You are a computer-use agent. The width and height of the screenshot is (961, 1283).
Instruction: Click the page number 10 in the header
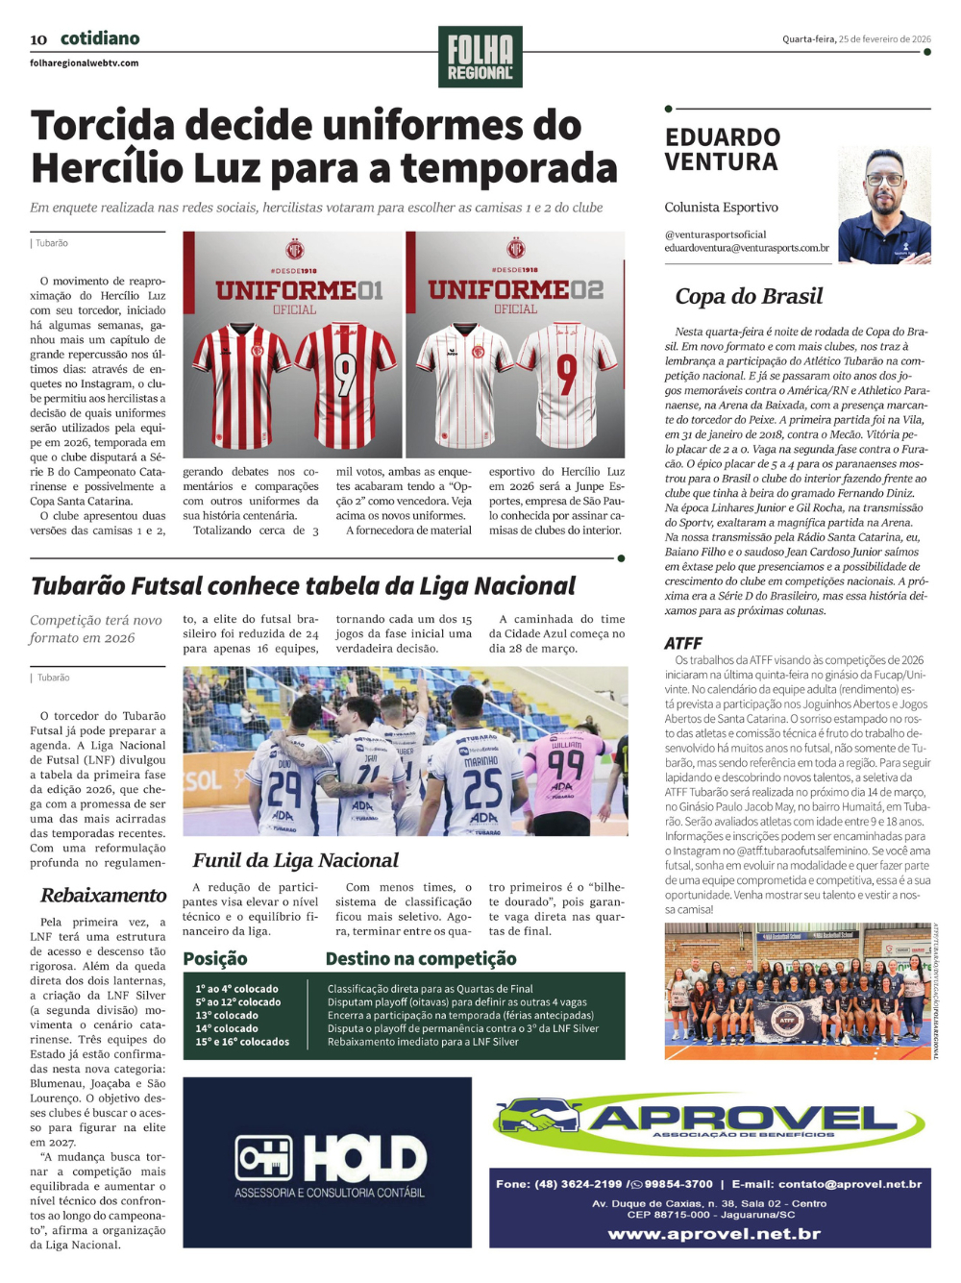(38, 39)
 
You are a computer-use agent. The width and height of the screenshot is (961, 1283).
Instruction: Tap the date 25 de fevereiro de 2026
(884, 39)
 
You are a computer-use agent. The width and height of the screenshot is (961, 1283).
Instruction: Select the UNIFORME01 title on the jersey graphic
(299, 289)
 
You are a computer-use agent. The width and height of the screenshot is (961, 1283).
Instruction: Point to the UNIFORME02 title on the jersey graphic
(516, 289)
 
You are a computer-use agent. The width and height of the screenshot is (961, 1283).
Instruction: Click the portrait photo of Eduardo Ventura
(884, 206)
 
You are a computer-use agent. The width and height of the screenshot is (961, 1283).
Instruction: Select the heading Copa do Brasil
(749, 296)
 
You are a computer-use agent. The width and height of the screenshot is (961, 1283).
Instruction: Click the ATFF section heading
(683, 643)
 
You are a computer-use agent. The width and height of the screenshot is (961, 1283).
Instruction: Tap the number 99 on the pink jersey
(566, 765)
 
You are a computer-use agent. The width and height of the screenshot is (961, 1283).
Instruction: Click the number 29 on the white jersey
(284, 788)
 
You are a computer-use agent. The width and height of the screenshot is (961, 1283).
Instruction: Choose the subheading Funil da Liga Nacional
(295, 860)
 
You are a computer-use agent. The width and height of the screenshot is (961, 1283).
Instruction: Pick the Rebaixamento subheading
(104, 895)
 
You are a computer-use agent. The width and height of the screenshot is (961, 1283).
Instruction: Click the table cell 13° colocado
(227, 1015)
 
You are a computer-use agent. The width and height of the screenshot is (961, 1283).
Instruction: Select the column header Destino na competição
(421, 958)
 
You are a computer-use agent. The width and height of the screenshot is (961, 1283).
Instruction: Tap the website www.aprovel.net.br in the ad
(714, 1233)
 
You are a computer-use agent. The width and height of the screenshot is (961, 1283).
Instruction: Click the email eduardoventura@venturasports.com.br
(747, 248)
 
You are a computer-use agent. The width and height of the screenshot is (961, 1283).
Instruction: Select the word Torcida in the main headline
(105, 126)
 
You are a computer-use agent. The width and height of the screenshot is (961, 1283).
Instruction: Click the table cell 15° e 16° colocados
(242, 1042)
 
